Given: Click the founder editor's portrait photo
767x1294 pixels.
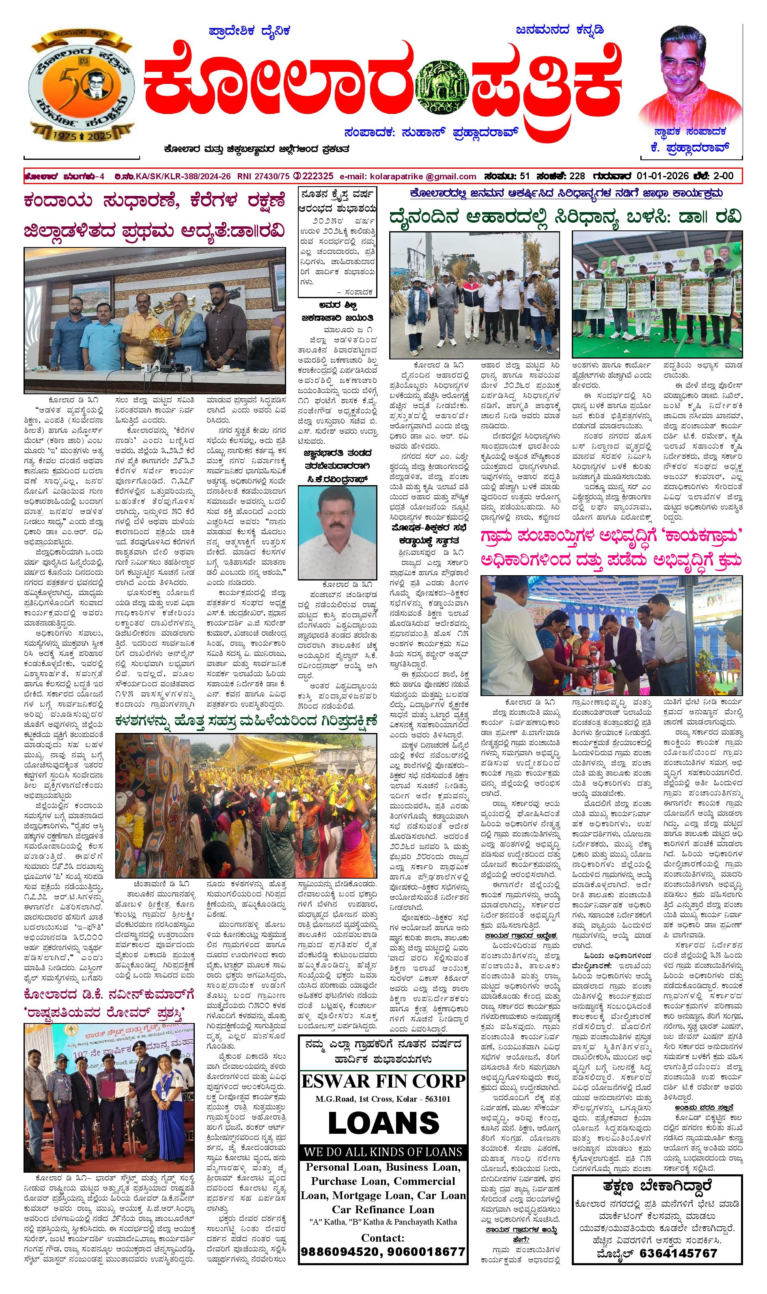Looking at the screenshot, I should pyautogui.click(x=691, y=72).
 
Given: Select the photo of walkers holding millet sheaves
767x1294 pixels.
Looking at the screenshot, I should pyautogui.click(x=474, y=295).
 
